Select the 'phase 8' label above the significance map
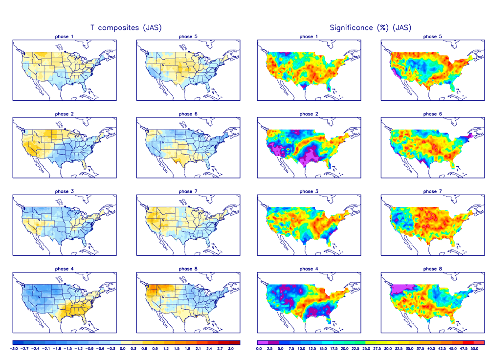point(430,269)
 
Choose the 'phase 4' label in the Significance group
point(307,269)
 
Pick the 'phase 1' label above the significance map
point(307,37)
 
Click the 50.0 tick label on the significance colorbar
point(474,349)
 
